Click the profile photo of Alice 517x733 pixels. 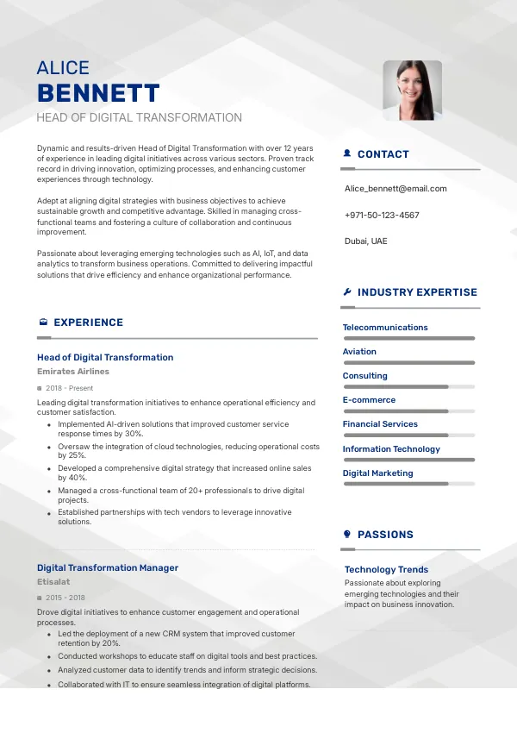pos(412,90)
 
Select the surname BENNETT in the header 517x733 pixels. pos(98,93)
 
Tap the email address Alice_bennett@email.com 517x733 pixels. pos(396,189)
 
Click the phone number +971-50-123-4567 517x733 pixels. pos(382,215)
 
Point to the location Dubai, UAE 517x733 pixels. pos(365,241)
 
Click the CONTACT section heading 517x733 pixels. pos(383,154)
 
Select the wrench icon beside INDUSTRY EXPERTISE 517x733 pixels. pos(347,292)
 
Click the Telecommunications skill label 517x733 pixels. pos(385,328)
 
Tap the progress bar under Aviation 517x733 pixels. pos(408,362)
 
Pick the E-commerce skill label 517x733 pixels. pos(369,400)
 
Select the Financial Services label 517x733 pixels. pos(380,424)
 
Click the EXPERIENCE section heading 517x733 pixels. pos(88,323)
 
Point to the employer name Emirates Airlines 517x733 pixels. pos(73,372)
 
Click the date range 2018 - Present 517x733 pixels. pos(70,389)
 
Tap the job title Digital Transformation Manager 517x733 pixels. pos(108,567)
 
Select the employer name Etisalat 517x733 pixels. pos(53,582)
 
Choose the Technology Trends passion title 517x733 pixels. pos(386,569)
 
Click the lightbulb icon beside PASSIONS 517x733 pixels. pos(347,535)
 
